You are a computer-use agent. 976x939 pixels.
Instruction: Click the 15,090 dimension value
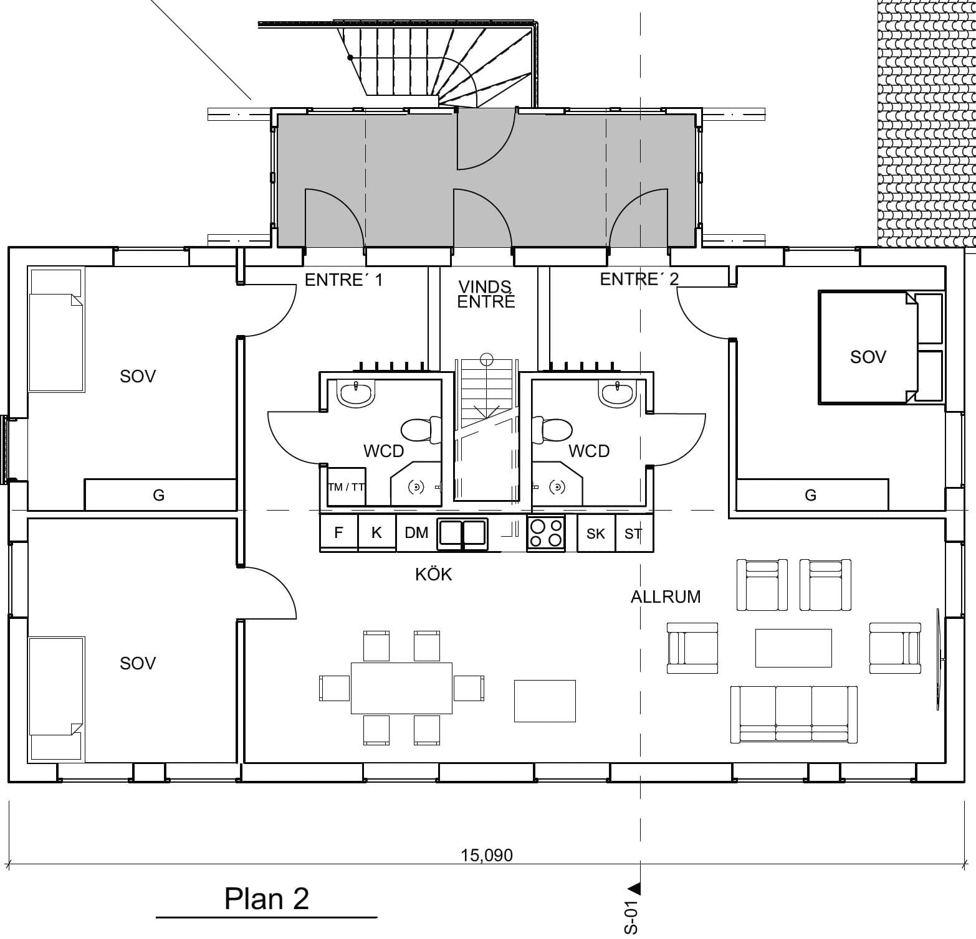click(x=487, y=855)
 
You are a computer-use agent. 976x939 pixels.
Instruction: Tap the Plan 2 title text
click(x=266, y=899)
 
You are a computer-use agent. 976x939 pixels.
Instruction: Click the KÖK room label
click(x=433, y=574)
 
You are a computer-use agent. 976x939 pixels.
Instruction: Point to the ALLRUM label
click(x=665, y=597)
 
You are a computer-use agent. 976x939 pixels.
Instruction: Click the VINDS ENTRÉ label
click(x=486, y=295)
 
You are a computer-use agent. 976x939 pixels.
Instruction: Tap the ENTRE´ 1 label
click(x=343, y=280)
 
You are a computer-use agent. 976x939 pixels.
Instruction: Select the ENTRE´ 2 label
click(x=639, y=279)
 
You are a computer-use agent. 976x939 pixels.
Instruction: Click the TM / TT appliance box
click(x=346, y=487)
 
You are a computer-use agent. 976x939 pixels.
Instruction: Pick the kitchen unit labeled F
click(x=338, y=533)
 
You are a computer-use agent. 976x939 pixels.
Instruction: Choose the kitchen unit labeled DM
click(x=416, y=533)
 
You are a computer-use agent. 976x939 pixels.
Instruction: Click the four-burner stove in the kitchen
click(x=546, y=534)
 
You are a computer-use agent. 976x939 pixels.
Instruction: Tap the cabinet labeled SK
click(x=596, y=534)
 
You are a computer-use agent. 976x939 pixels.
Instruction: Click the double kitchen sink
click(x=462, y=533)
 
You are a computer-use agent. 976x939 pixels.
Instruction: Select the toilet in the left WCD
click(x=417, y=429)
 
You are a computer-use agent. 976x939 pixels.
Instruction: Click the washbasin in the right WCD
click(x=616, y=393)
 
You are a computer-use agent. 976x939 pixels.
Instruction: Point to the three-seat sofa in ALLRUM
click(x=793, y=714)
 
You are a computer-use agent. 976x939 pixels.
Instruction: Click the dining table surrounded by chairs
click(x=401, y=688)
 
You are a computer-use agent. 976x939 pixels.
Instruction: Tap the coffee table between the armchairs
click(x=793, y=648)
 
